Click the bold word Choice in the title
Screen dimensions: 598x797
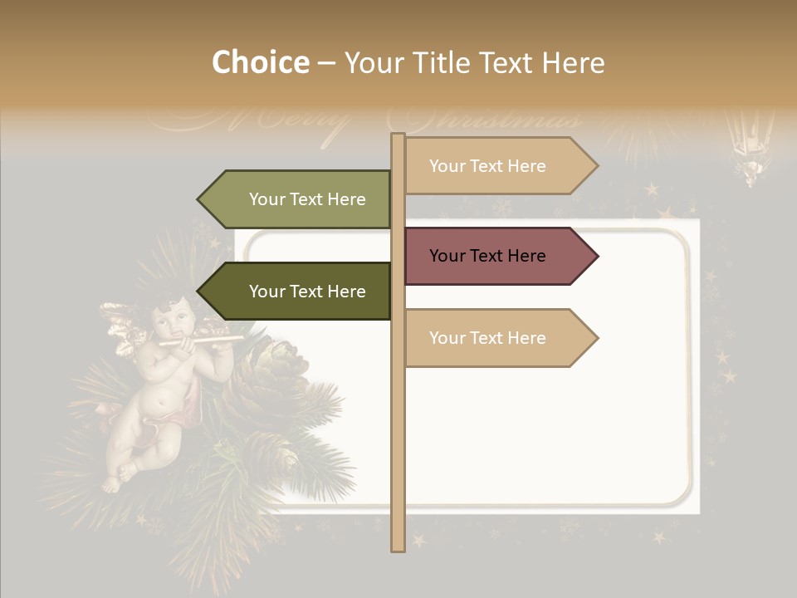pos(260,63)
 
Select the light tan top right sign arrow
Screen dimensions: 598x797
pos(498,166)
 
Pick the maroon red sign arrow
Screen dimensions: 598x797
pos(498,256)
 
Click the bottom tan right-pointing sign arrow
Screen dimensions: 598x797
pos(498,338)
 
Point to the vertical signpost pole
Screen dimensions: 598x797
pos(398,432)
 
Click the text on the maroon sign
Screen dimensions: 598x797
pos(487,256)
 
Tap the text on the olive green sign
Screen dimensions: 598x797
pos(307,199)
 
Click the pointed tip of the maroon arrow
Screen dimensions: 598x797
pos(595,256)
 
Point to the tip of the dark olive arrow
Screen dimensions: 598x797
pos(200,292)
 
